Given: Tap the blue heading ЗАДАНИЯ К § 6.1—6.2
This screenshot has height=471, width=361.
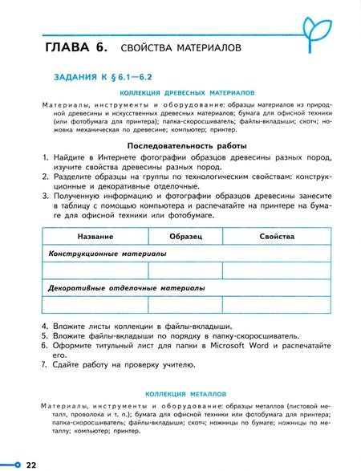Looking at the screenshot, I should [x=101, y=79].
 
